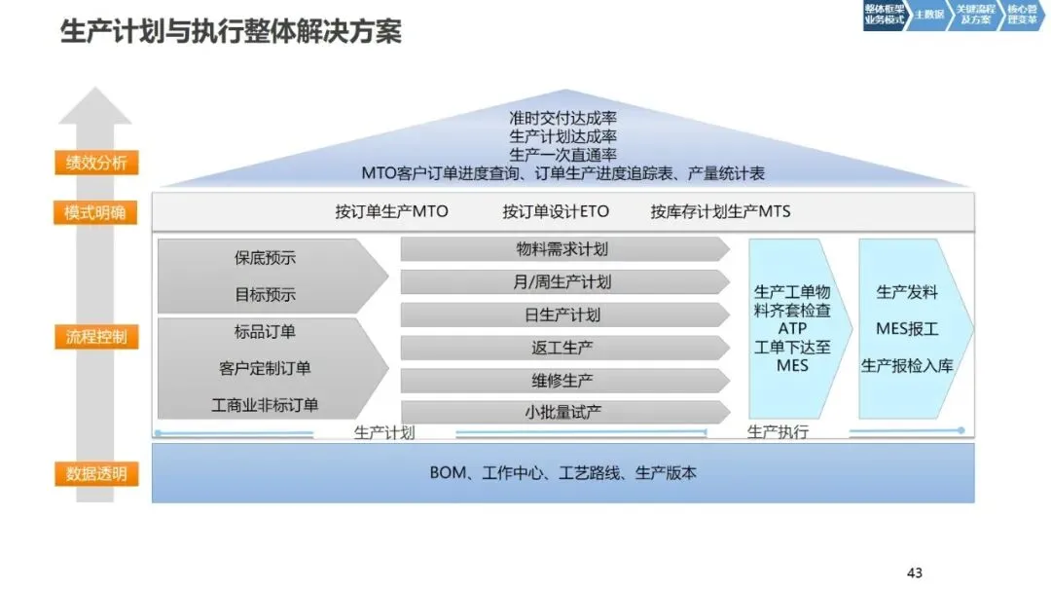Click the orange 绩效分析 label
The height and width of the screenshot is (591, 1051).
(x=95, y=163)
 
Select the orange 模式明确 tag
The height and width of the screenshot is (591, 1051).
(x=95, y=213)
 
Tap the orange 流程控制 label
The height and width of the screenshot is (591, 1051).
(x=95, y=339)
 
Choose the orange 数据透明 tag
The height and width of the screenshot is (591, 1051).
(x=95, y=474)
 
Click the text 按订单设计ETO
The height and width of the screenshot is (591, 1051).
(x=555, y=211)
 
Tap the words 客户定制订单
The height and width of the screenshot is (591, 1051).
(x=265, y=368)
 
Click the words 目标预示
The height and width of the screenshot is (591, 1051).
(x=265, y=294)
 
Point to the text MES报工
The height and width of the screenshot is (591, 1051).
(x=907, y=328)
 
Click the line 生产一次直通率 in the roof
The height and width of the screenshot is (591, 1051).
(x=562, y=155)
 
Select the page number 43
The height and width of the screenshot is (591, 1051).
(x=914, y=573)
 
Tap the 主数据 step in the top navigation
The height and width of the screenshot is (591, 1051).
(x=929, y=16)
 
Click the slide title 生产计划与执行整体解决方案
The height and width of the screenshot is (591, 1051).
(x=231, y=31)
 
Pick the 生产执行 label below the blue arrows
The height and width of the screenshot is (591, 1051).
(x=778, y=432)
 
